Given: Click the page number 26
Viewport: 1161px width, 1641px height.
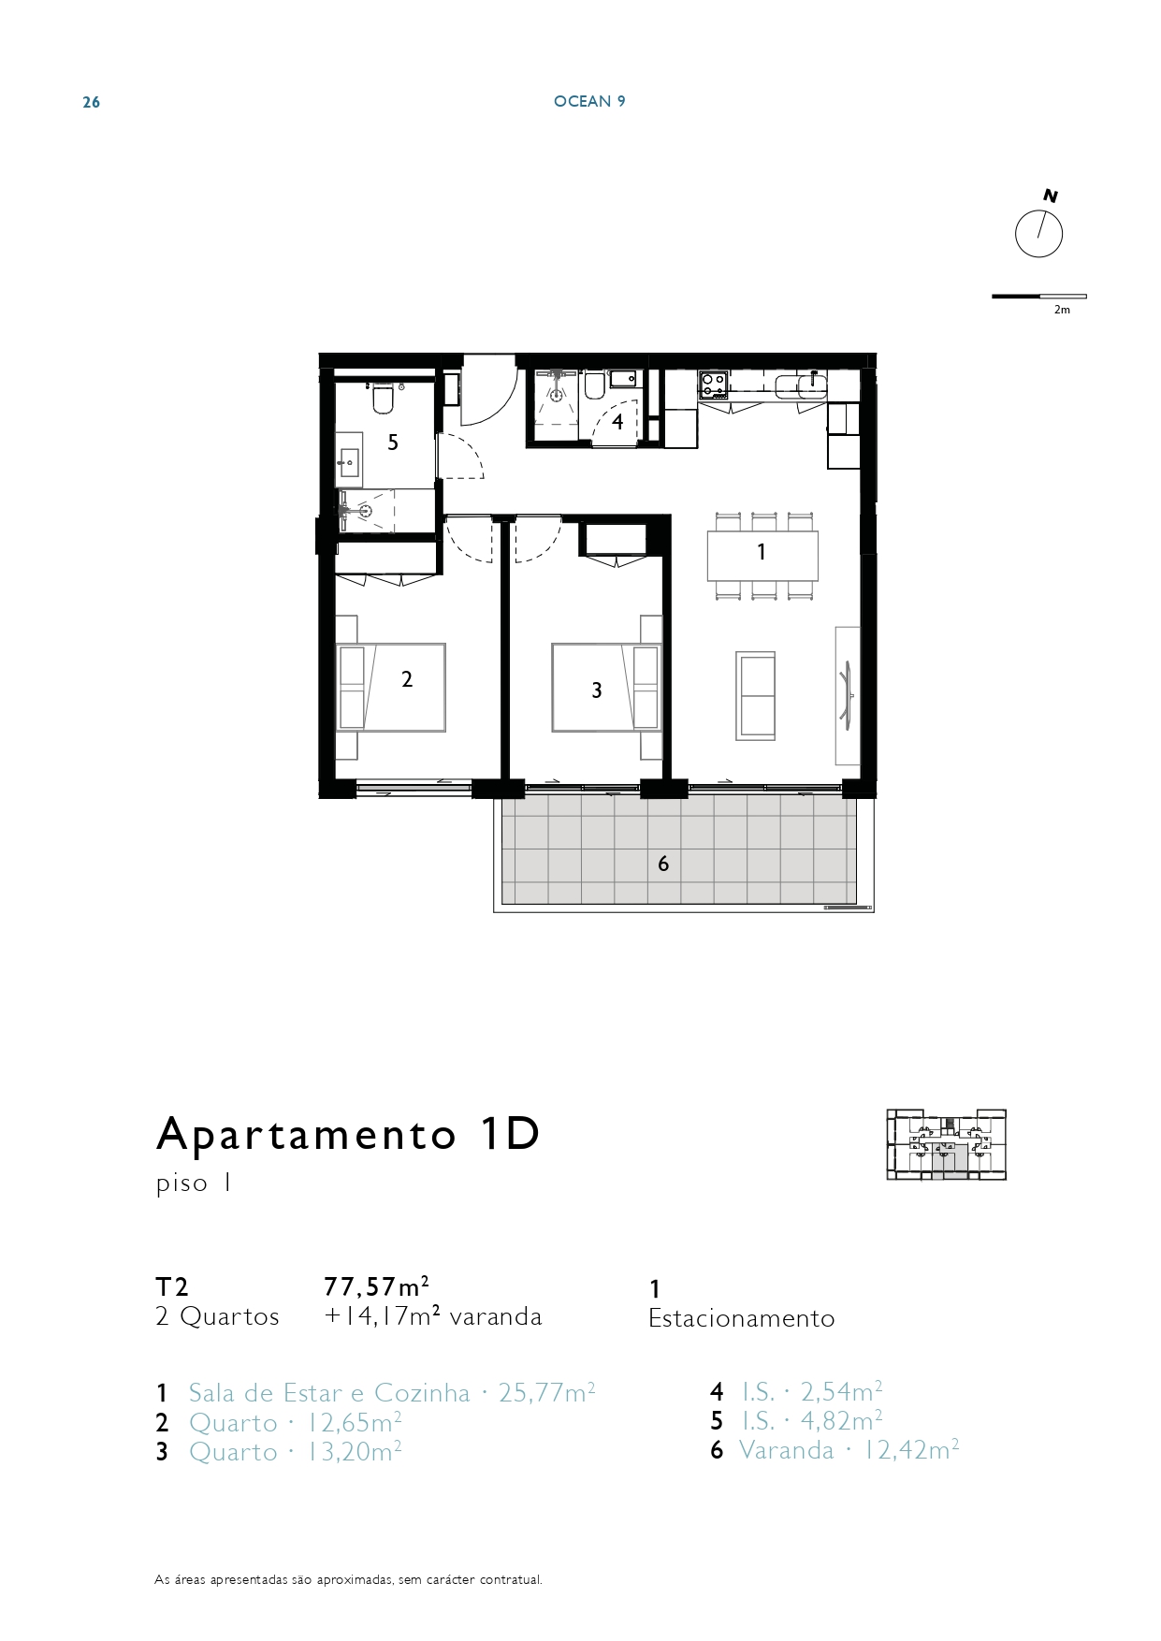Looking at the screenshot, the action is [92, 102].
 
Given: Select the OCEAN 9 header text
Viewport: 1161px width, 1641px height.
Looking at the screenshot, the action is [589, 101].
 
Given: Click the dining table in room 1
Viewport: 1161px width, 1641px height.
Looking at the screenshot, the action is [762, 556].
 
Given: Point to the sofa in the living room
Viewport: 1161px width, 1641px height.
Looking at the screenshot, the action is [756, 696].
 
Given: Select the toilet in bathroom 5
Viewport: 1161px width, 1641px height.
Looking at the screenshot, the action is [382, 398].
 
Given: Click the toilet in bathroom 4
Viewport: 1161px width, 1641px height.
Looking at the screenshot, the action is [594, 385].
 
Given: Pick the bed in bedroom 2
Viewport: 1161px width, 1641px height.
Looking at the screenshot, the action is [391, 688].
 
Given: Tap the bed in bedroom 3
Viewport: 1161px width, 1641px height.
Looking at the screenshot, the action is [606, 687].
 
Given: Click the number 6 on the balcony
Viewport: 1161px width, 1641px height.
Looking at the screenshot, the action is [663, 864].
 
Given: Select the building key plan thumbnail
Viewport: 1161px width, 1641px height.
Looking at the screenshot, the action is [947, 1144].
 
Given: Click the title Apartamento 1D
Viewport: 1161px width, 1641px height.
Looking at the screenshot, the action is [349, 1134].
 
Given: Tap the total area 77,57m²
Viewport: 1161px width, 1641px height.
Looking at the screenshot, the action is [377, 1285].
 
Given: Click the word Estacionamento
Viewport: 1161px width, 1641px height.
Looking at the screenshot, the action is [742, 1318].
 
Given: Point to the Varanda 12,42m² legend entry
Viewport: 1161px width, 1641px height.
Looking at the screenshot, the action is [849, 1450].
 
